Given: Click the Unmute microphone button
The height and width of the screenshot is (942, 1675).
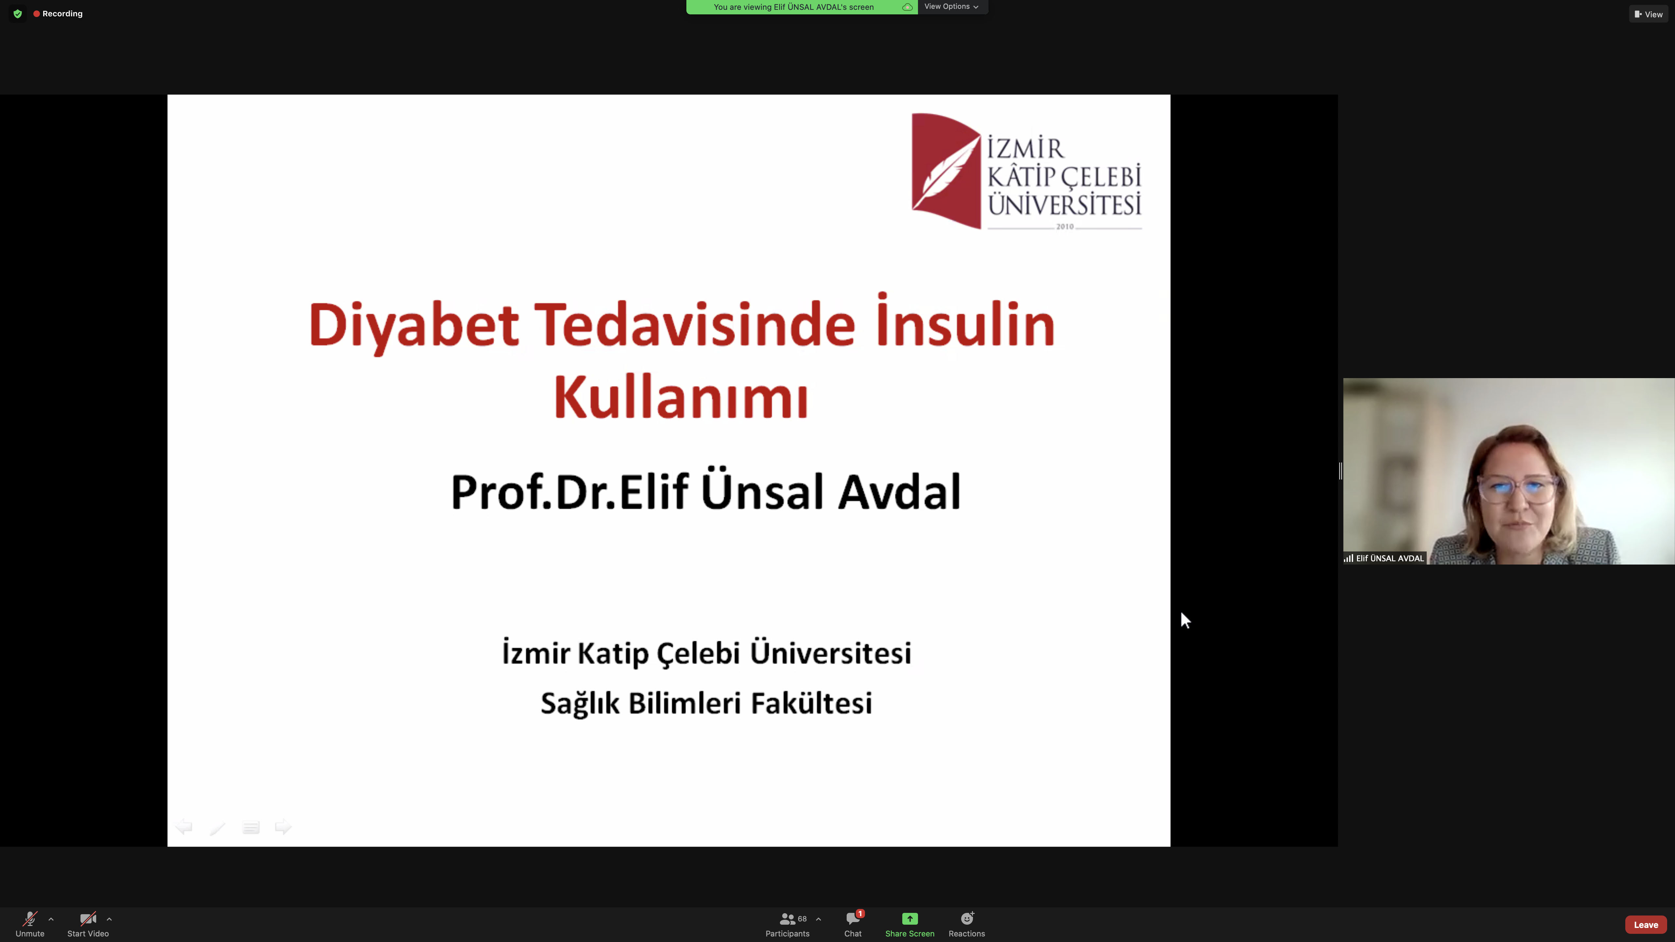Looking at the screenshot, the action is [30, 924].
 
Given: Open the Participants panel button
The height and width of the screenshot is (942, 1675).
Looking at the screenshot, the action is [787, 924].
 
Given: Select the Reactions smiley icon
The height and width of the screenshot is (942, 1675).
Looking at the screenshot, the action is [967, 918].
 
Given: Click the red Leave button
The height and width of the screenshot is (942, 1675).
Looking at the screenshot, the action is [1646, 924].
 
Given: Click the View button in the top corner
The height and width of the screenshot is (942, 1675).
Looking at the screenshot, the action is [1649, 14].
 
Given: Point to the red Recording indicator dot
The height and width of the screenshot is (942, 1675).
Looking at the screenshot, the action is [36, 14].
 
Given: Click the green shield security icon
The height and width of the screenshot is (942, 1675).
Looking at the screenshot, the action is [18, 14].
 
